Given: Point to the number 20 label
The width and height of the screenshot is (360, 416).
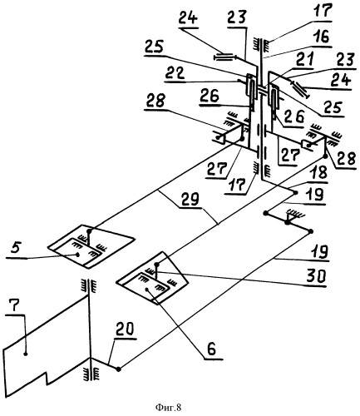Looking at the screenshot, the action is click(x=124, y=329).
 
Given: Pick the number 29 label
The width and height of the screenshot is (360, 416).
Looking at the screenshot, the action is click(x=189, y=199).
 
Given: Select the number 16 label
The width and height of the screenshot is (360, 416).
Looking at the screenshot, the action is click(x=321, y=37).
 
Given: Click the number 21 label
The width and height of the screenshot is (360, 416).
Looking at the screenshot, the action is click(x=303, y=60).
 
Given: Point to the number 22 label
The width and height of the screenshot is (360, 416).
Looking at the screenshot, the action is click(x=175, y=73).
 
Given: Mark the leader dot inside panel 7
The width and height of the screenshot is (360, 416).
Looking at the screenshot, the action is click(x=26, y=354).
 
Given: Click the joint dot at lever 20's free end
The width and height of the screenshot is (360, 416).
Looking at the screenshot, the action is click(x=119, y=369).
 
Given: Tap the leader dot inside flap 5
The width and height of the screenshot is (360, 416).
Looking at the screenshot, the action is click(x=77, y=255).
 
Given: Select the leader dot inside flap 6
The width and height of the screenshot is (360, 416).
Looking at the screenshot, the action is click(x=146, y=290).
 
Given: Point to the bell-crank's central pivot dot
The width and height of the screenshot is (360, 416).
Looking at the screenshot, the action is click(x=288, y=222).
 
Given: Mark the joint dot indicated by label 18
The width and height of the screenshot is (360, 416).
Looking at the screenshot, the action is click(x=296, y=192).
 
